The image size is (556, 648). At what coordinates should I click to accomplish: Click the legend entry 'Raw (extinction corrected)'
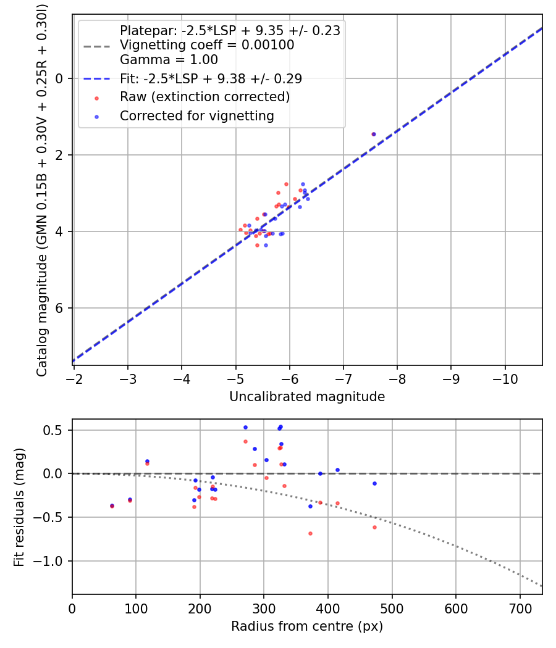tap(204, 97)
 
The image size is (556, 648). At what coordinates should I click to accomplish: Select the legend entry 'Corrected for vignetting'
tap(196, 115)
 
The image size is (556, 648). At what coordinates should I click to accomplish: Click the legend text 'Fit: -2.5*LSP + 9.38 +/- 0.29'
tap(211, 78)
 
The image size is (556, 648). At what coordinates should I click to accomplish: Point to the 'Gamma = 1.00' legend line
tap(169, 60)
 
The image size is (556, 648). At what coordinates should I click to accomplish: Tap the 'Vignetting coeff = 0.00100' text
tap(207, 45)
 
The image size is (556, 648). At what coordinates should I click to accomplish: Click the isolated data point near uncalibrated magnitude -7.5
tap(373, 134)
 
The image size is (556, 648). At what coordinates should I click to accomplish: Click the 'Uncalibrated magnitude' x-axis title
tap(307, 397)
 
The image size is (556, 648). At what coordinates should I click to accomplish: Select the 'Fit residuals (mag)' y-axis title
tap(20, 507)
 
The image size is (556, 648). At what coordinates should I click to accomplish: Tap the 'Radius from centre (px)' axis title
tap(307, 626)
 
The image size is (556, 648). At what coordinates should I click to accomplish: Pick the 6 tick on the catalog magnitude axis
tap(60, 308)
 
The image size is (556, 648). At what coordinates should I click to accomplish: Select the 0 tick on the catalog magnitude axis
tap(60, 78)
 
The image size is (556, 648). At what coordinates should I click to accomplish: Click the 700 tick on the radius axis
tap(520, 608)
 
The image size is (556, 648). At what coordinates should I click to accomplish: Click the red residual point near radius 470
tap(374, 527)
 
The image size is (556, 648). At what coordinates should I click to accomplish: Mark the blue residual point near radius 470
tap(374, 483)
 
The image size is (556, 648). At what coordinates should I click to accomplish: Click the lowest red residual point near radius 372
tap(310, 533)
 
